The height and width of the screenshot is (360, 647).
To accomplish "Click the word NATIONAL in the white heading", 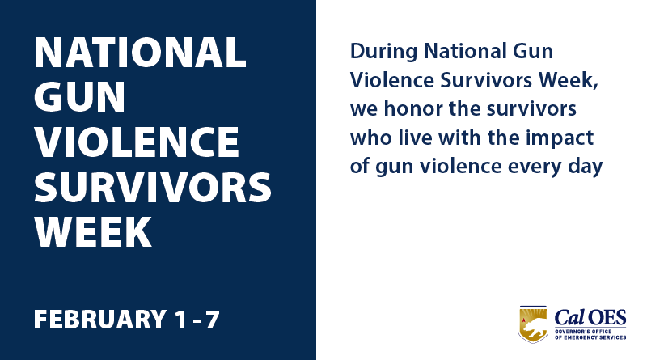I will (140, 53).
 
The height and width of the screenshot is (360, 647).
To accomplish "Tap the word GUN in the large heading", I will (80, 98).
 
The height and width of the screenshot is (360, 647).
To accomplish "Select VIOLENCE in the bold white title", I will (137, 142).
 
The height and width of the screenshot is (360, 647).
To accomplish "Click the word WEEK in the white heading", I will (93, 232).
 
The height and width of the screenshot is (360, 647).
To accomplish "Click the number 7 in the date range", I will (212, 319).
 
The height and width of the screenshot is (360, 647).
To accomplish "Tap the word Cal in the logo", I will (571, 316).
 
